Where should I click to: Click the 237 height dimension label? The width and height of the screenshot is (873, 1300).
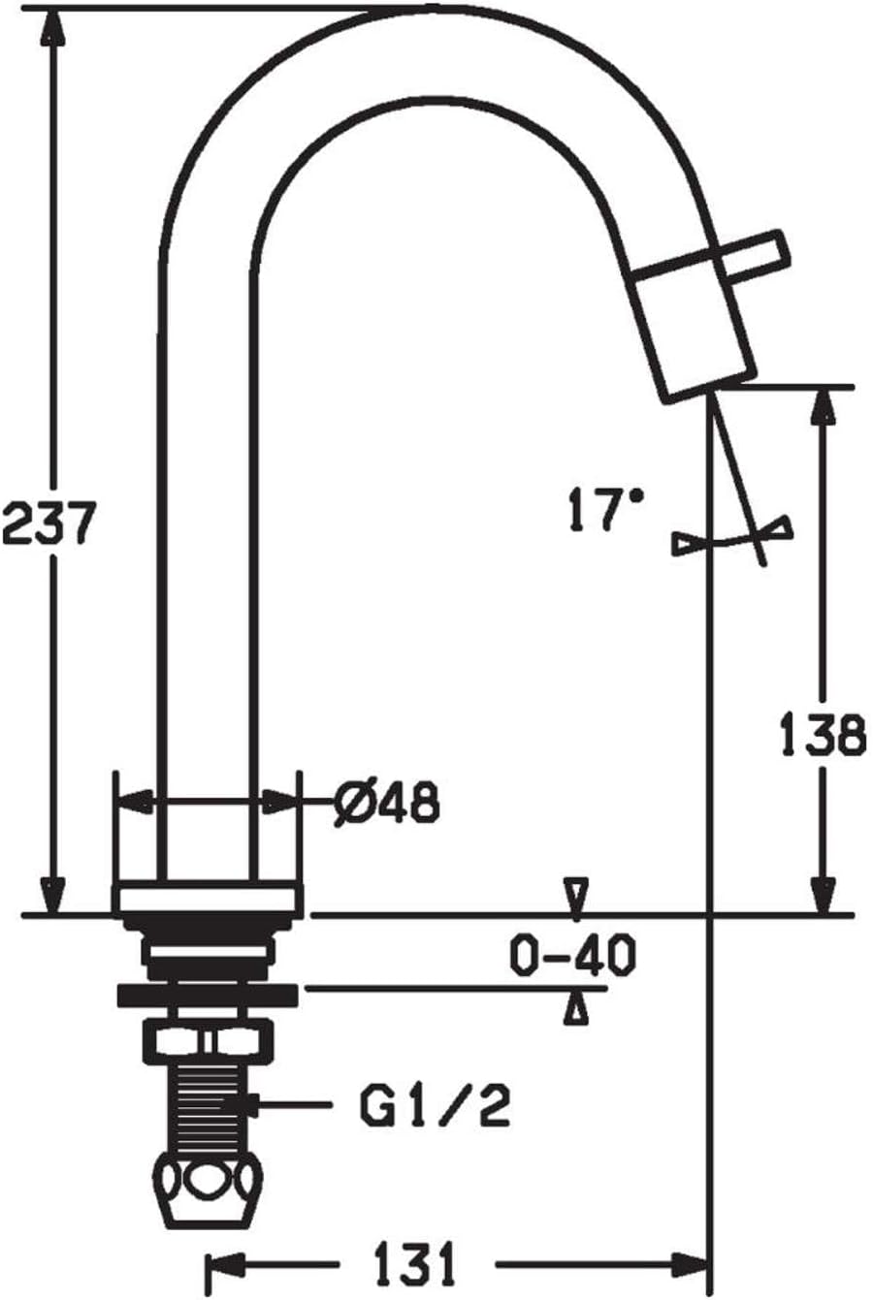click(x=49, y=523)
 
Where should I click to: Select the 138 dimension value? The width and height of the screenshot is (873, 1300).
click(x=823, y=736)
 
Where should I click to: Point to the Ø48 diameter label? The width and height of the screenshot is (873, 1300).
click(x=386, y=803)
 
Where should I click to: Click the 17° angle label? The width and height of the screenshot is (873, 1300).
click(x=605, y=510)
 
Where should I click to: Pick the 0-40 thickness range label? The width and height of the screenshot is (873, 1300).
click(x=572, y=956)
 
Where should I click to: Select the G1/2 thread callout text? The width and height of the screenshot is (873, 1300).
click(x=436, y=1105)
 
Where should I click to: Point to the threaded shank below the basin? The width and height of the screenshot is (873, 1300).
click(x=207, y=1105)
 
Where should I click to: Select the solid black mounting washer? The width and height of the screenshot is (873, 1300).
click(x=207, y=995)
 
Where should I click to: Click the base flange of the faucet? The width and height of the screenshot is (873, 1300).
click(x=207, y=900)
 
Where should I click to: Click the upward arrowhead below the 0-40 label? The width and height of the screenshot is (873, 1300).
click(x=578, y=1009)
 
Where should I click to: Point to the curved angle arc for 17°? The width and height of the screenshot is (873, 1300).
click(x=732, y=539)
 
